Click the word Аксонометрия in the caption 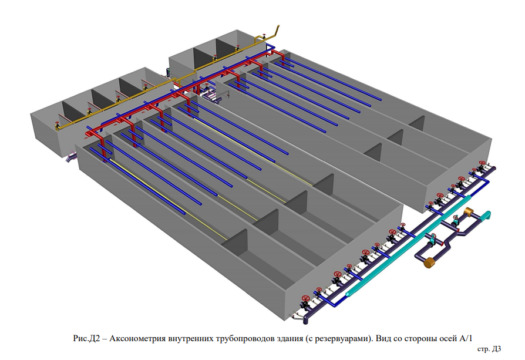(137, 339)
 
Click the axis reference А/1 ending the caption (466, 338)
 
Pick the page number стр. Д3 (489, 349)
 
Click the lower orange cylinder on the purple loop (429, 262)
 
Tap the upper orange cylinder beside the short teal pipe (468, 211)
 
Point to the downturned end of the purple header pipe (306, 321)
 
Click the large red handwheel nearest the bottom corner (305, 298)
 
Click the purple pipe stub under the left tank (71, 157)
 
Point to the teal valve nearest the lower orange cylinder (433, 239)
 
